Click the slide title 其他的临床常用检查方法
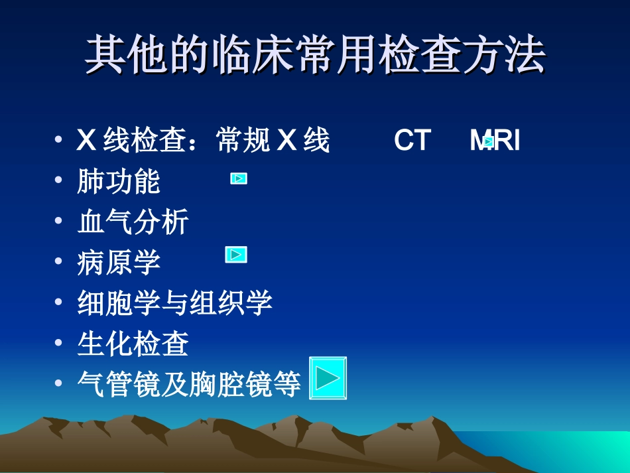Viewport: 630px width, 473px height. point(315,55)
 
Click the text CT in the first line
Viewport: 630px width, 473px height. point(412,141)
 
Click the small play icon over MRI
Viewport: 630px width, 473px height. point(489,141)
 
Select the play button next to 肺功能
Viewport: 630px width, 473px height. point(239,178)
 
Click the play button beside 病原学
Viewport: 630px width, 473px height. point(236,255)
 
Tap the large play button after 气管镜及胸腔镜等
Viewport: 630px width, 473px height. point(328,379)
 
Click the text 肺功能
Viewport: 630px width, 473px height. point(119,182)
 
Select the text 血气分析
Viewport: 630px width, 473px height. point(133,222)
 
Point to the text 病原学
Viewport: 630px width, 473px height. point(119,262)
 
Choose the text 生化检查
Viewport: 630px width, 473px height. point(133,344)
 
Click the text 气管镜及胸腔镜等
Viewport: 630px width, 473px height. point(189,384)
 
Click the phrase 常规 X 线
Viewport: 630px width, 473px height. point(273,141)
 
